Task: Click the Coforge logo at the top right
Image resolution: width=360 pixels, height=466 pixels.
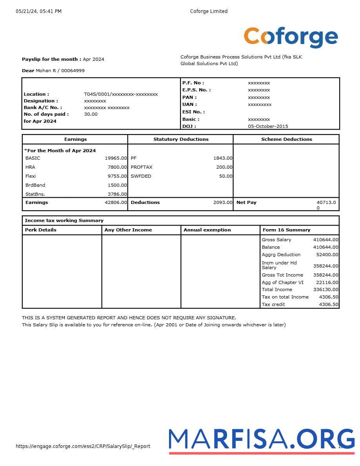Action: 291,37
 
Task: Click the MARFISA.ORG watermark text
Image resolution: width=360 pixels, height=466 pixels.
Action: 262,439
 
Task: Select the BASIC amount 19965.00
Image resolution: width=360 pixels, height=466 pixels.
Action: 116,158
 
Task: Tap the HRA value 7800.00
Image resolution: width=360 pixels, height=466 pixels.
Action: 117,167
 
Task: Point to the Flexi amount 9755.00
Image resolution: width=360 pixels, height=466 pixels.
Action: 117,176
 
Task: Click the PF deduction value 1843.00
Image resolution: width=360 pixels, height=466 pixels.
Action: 223,158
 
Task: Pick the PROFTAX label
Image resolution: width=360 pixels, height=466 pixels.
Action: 142,167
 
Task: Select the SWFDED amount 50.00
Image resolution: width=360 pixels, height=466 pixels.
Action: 225,176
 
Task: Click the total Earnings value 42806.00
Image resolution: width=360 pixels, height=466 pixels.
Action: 116,202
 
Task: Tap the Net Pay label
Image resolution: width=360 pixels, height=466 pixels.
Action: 246,202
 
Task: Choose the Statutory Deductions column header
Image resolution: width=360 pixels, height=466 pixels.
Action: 181,139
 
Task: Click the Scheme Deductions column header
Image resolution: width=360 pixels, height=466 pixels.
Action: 286,139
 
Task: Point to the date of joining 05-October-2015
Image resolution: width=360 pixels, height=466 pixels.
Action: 268,126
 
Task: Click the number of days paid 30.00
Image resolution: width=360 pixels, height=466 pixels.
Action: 91,114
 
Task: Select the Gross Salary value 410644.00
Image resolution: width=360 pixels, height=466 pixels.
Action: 325,240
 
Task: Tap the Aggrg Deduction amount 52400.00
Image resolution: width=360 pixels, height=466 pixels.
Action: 327,255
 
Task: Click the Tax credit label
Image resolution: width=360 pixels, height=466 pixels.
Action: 273,304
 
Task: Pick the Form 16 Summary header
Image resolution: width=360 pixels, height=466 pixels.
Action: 286,230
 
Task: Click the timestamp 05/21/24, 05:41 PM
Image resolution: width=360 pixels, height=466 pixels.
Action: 38,11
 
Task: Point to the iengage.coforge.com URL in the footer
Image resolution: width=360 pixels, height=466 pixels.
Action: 83,446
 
